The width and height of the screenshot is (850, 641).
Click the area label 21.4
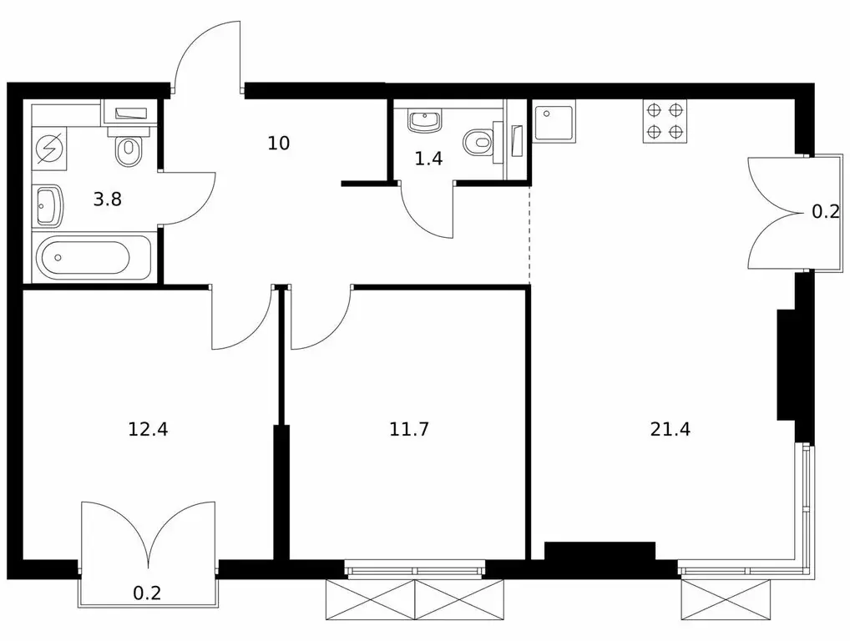point(670,429)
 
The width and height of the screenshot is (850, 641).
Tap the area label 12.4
point(148,429)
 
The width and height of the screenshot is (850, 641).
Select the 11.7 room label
point(409,429)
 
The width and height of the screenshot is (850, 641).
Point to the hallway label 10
point(279,143)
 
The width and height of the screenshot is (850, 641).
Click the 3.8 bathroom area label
point(108,199)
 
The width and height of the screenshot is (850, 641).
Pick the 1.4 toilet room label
point(428,159)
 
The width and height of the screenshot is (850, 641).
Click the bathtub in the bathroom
point(93,257)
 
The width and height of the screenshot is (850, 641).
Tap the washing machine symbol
point(49,148)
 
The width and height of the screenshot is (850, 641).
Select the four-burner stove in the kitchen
point(665,121)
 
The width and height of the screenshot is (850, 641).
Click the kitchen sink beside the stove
point(554,121)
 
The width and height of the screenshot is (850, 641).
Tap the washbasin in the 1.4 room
point(424,121)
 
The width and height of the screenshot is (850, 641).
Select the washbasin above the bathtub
point(48,205)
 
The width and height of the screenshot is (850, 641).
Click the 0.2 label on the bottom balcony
point(147,593)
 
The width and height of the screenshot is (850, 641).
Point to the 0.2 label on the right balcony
point(825,212)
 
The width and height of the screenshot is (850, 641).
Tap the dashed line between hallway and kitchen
point(529,234)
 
